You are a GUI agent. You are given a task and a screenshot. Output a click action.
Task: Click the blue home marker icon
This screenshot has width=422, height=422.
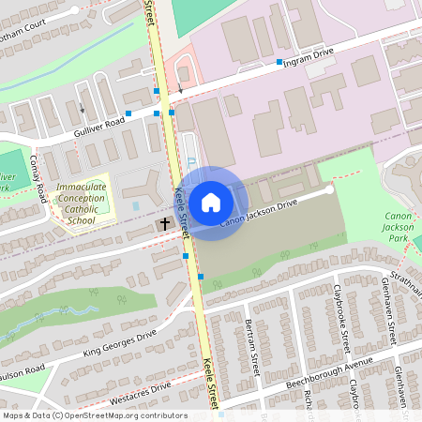[211, 202]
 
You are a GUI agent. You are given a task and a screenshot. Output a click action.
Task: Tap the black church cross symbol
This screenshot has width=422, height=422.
[164, 225]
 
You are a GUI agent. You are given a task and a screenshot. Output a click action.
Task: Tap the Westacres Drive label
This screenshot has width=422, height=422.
[140, 392]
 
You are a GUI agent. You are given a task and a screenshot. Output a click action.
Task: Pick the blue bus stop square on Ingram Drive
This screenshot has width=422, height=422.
[279, 62]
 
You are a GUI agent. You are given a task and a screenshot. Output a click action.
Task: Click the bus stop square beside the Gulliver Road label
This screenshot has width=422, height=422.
[129, 113]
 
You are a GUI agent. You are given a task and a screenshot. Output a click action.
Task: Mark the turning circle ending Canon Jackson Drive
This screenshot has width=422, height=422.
[330, 188]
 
